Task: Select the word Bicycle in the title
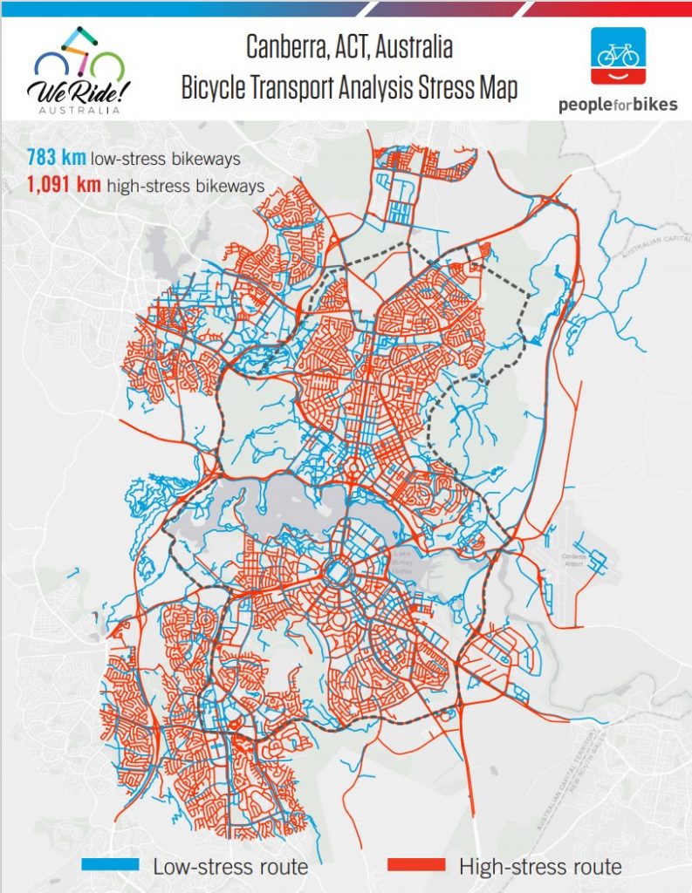tap(217, 89)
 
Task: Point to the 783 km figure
tap(53, 158)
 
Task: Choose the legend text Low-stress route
tap(230, 866)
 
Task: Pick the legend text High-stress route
tap(539, 866)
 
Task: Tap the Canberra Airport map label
tap(572, 563)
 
